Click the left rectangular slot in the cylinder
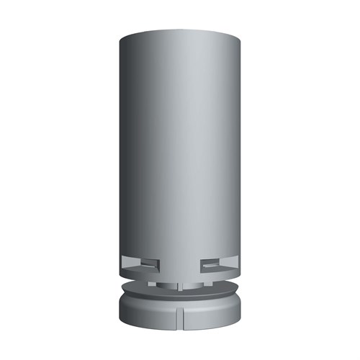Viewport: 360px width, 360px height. point(140,264)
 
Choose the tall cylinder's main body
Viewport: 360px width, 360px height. point(180,144)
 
